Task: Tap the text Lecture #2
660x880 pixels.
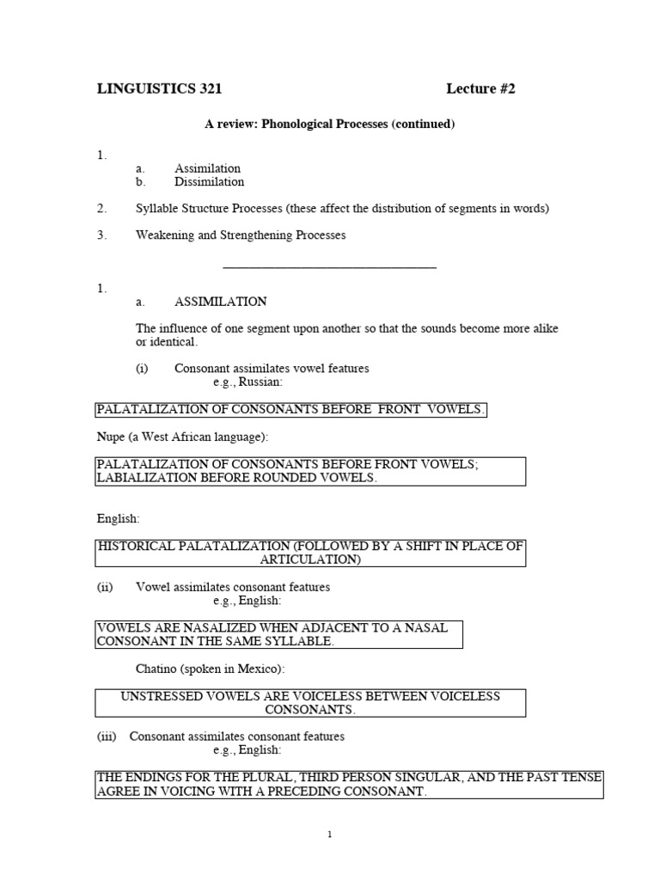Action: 480,89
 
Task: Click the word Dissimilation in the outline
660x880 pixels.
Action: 209,182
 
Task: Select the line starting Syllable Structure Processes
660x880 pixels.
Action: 342,209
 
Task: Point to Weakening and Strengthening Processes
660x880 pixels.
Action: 241,235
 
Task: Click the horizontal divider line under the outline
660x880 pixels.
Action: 329,268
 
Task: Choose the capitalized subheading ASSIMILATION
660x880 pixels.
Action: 220,302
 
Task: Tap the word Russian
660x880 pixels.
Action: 260,382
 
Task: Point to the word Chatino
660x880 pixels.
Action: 157,669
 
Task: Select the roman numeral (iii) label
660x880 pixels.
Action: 107,736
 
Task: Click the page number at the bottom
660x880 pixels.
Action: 330,834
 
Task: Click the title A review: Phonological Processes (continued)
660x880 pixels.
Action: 329,125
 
